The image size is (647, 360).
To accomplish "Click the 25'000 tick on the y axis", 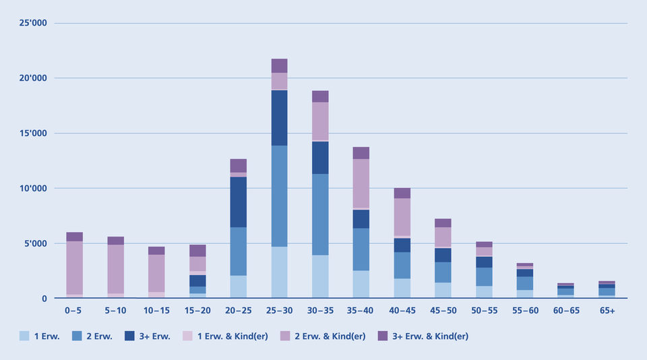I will [32, 24].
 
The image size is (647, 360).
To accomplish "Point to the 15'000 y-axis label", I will [32, 133].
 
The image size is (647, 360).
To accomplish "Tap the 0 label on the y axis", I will [44, 299].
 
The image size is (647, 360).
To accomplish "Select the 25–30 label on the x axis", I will [279, 311].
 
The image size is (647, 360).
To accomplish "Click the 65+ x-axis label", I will [607, 311].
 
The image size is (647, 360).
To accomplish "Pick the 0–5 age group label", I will [74, 311].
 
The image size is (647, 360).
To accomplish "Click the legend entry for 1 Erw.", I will [40, 336].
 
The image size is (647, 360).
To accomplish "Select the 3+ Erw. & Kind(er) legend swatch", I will [382, 336].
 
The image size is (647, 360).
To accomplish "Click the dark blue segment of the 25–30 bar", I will [279, 117].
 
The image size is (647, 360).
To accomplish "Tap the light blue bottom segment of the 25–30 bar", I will [279, 272].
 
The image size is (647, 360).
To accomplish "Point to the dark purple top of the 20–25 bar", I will [238, 166].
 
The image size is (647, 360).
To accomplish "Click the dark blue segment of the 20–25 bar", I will [238, 202].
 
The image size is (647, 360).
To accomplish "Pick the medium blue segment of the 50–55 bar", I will [484, 276].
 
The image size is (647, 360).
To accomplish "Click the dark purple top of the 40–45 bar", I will [402, 193].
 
